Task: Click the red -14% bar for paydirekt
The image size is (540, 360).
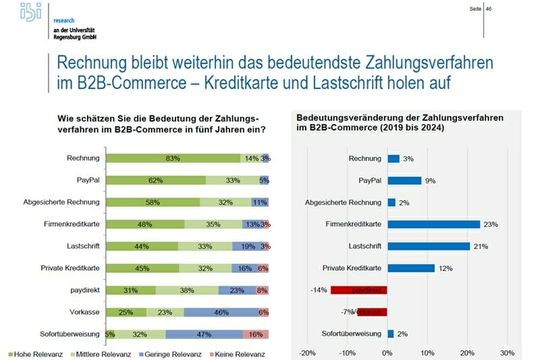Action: (360, 289)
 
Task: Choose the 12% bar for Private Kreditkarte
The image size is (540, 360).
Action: (411, 267)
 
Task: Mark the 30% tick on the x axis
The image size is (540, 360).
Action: (505, 353)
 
